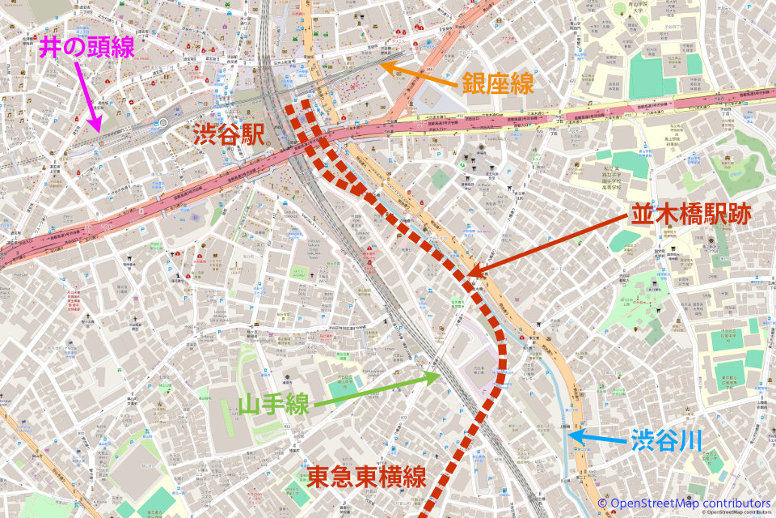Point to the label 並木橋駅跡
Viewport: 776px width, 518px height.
point(690,214)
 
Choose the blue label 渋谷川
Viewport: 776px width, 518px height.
point(664,440)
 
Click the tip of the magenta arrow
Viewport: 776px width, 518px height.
point(98,130)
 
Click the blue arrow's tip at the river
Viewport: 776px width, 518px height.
point(567,435)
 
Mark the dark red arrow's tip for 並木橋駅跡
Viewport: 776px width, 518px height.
point(469,273)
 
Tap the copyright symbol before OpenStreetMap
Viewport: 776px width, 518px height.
point(602,503)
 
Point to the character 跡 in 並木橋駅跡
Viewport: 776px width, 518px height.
point(739,214)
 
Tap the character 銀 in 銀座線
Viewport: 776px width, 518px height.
point(474,83)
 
